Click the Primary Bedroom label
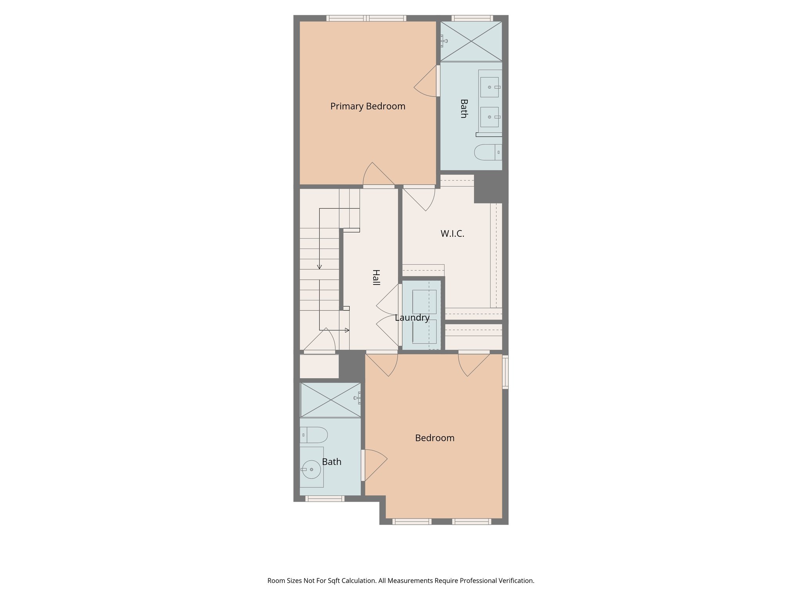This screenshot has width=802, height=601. point(367,106)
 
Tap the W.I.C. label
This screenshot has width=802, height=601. point(452,234)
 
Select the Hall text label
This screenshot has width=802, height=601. point(376,277)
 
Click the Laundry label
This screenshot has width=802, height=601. point(412,318)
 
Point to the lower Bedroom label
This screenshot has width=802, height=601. point(435,438)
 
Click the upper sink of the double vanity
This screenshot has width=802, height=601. point(490,87)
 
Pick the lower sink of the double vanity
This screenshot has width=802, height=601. point(490,117)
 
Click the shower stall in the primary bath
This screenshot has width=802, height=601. point(471,41)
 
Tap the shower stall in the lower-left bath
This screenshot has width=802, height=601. point(331,400)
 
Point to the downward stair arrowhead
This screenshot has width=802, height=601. point(320,267)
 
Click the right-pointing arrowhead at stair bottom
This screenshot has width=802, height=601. point(347,330)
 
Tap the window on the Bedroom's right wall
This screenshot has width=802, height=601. point(505,372)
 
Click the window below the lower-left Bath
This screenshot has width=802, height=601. point(325,498)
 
